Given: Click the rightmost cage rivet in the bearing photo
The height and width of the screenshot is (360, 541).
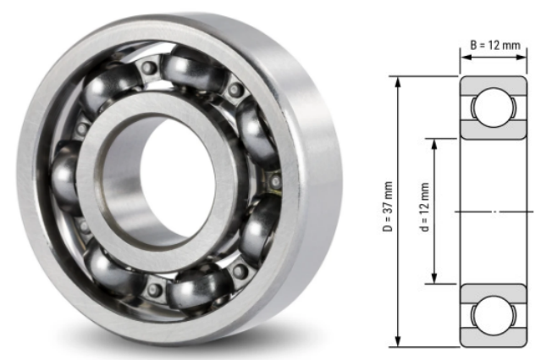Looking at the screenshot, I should (275, 180).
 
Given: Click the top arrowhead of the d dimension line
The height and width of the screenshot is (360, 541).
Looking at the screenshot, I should (435, 142).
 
